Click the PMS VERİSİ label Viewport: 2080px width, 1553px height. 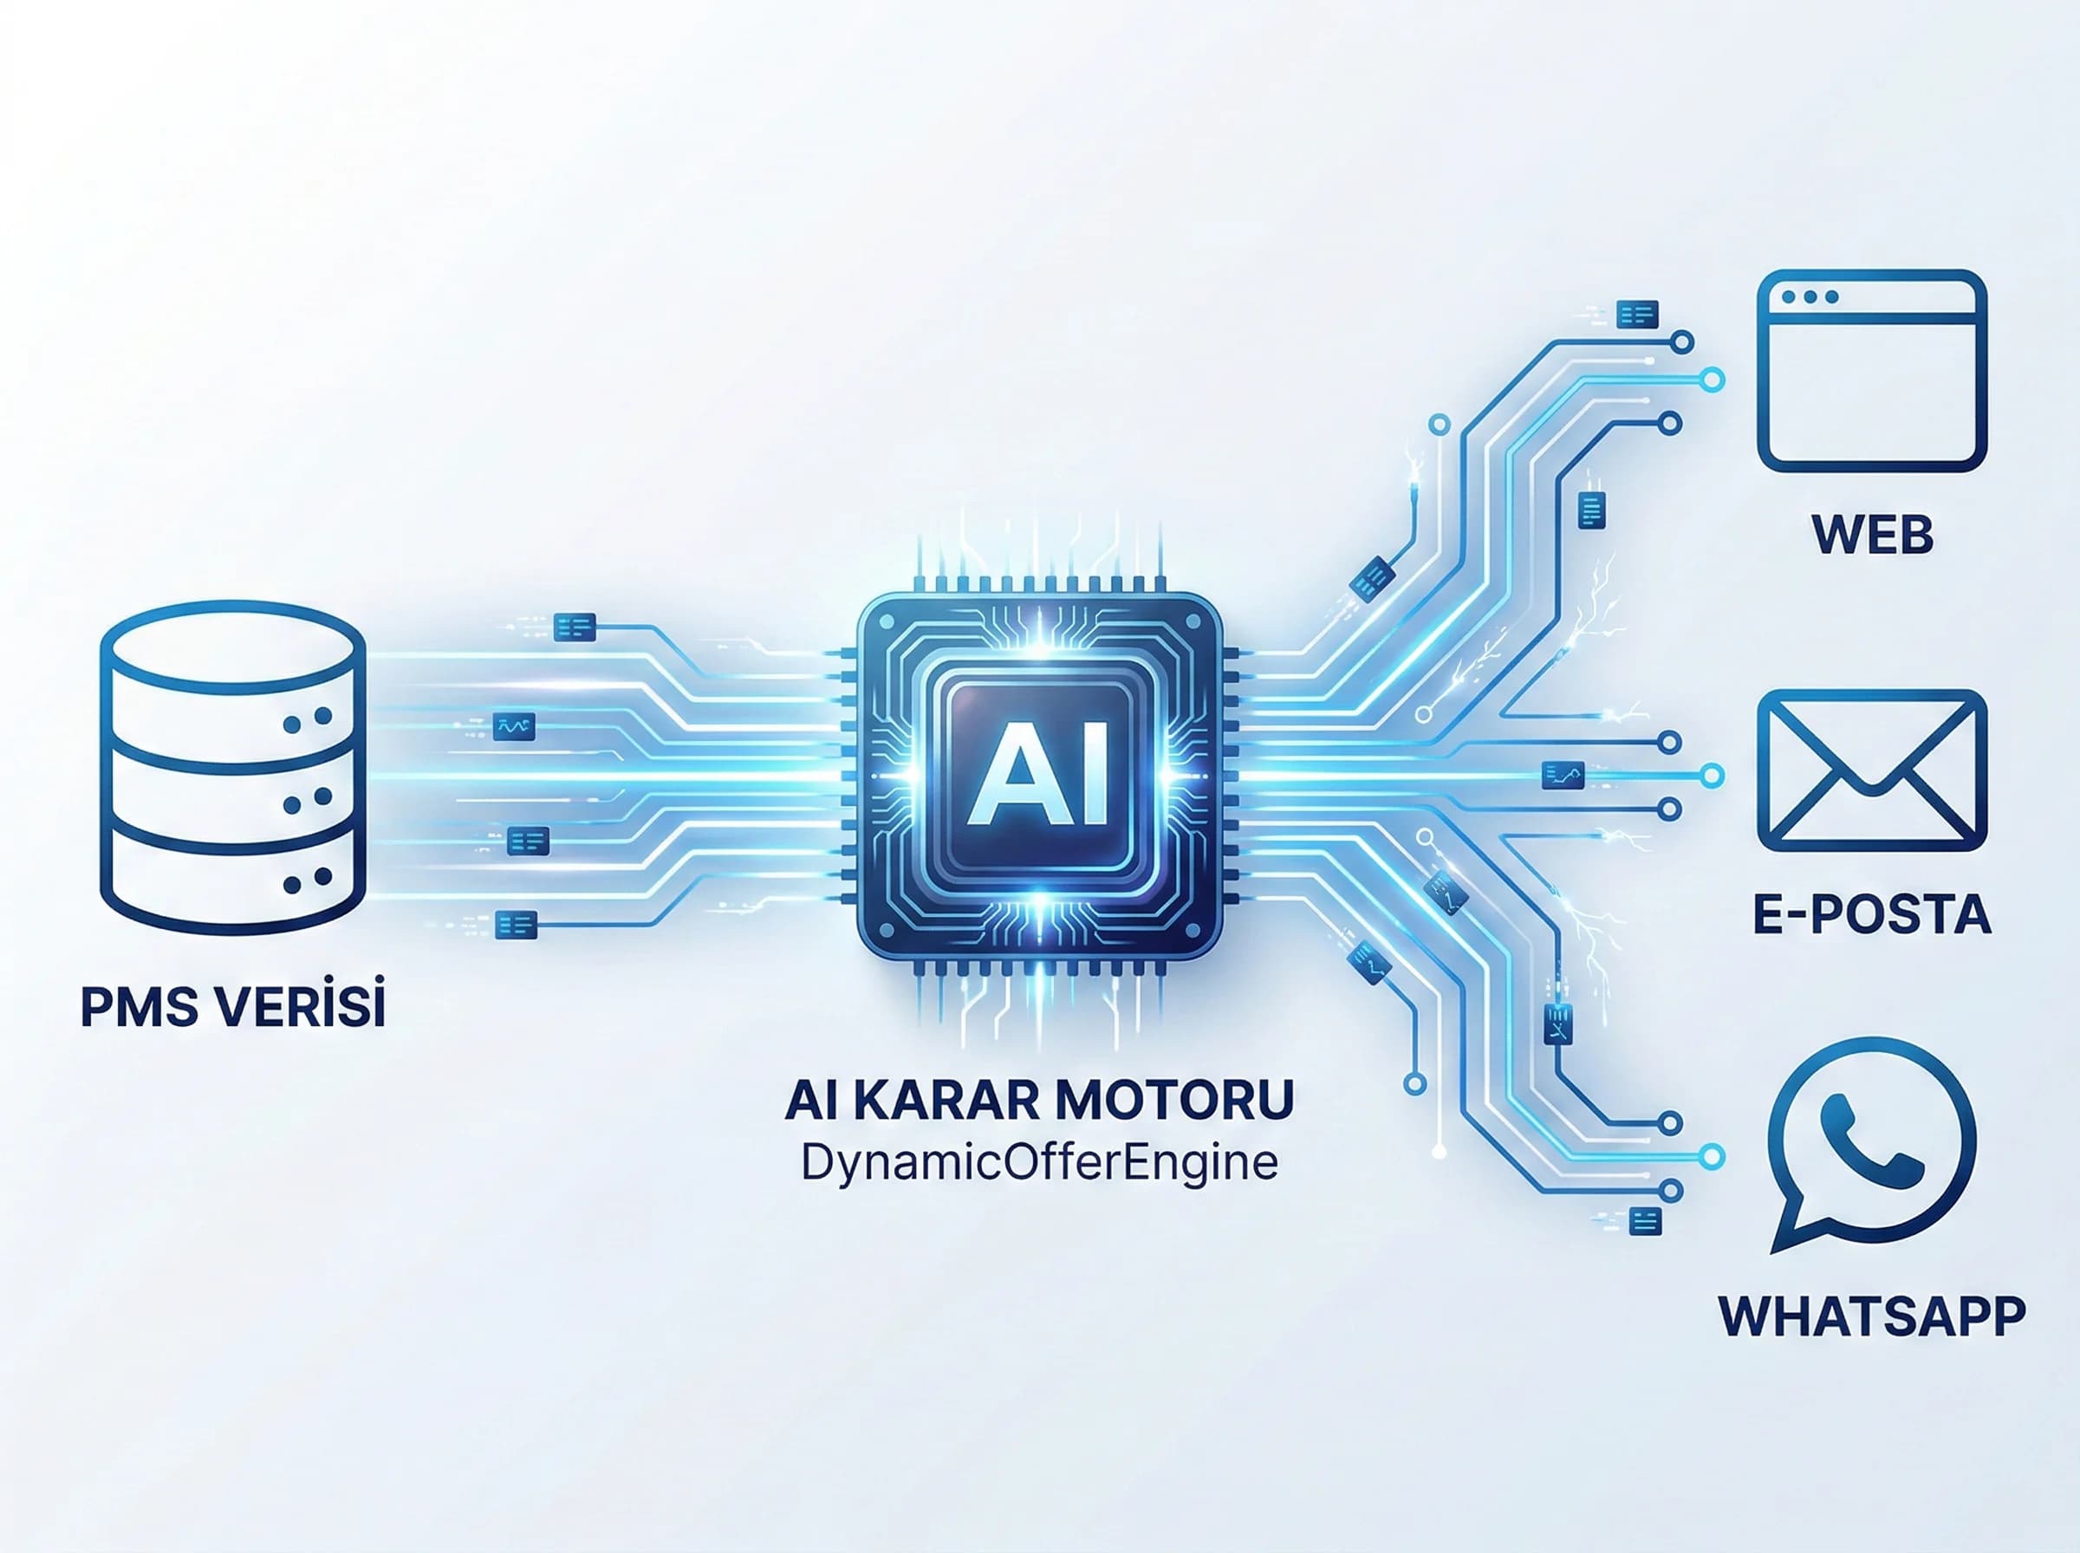[233, 1006]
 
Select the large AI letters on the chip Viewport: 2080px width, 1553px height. [1037, 774]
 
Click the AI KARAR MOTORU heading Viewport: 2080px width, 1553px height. [1038, 1100]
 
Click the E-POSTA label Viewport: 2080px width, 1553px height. [1872, 913]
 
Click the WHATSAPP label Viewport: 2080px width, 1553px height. [1871, 1316]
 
